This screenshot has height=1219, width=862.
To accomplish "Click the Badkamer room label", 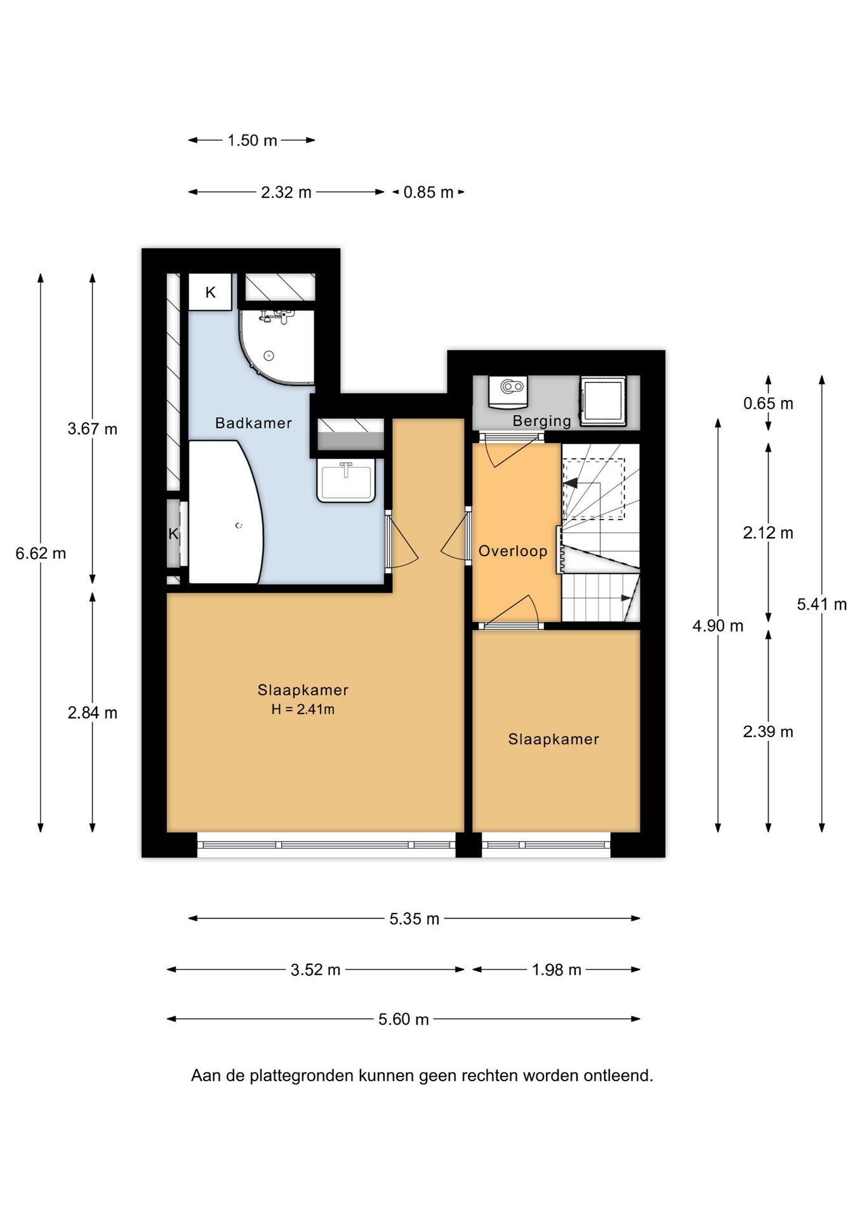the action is tap(253, 423).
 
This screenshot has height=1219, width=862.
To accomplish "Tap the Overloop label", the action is tap(513, 551).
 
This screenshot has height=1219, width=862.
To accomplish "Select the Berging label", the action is tap(542, 421).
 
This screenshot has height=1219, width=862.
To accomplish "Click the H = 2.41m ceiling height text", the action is tap(303, 709).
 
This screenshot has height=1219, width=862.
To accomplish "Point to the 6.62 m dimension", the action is tap(41, 554).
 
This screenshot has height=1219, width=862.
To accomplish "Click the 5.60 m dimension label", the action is tap(404, 1020).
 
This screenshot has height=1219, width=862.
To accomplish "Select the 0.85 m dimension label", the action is tap(428, 192).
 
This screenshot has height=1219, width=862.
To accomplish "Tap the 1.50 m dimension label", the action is tap(253, 140).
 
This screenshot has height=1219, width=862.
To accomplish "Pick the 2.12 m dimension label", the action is tap(768, 533).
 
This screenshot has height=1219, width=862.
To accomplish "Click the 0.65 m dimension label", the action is tap(768, 404).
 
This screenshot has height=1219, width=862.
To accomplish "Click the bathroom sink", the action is tap(346, 481).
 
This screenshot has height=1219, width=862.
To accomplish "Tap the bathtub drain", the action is tap(239, 526).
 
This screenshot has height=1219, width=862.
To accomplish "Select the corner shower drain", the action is tap(269, 356).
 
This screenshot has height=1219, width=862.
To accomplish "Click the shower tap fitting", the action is tap(277, 316).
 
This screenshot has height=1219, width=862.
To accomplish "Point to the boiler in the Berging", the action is tap(508, 392).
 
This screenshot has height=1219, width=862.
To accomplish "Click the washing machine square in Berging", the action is tap(603, 400).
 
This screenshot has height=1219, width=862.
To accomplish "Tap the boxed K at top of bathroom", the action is tap(210, 292).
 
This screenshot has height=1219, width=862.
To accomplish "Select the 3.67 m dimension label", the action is tap(93, 429).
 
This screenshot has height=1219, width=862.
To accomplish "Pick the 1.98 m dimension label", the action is tap(557, 970).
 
